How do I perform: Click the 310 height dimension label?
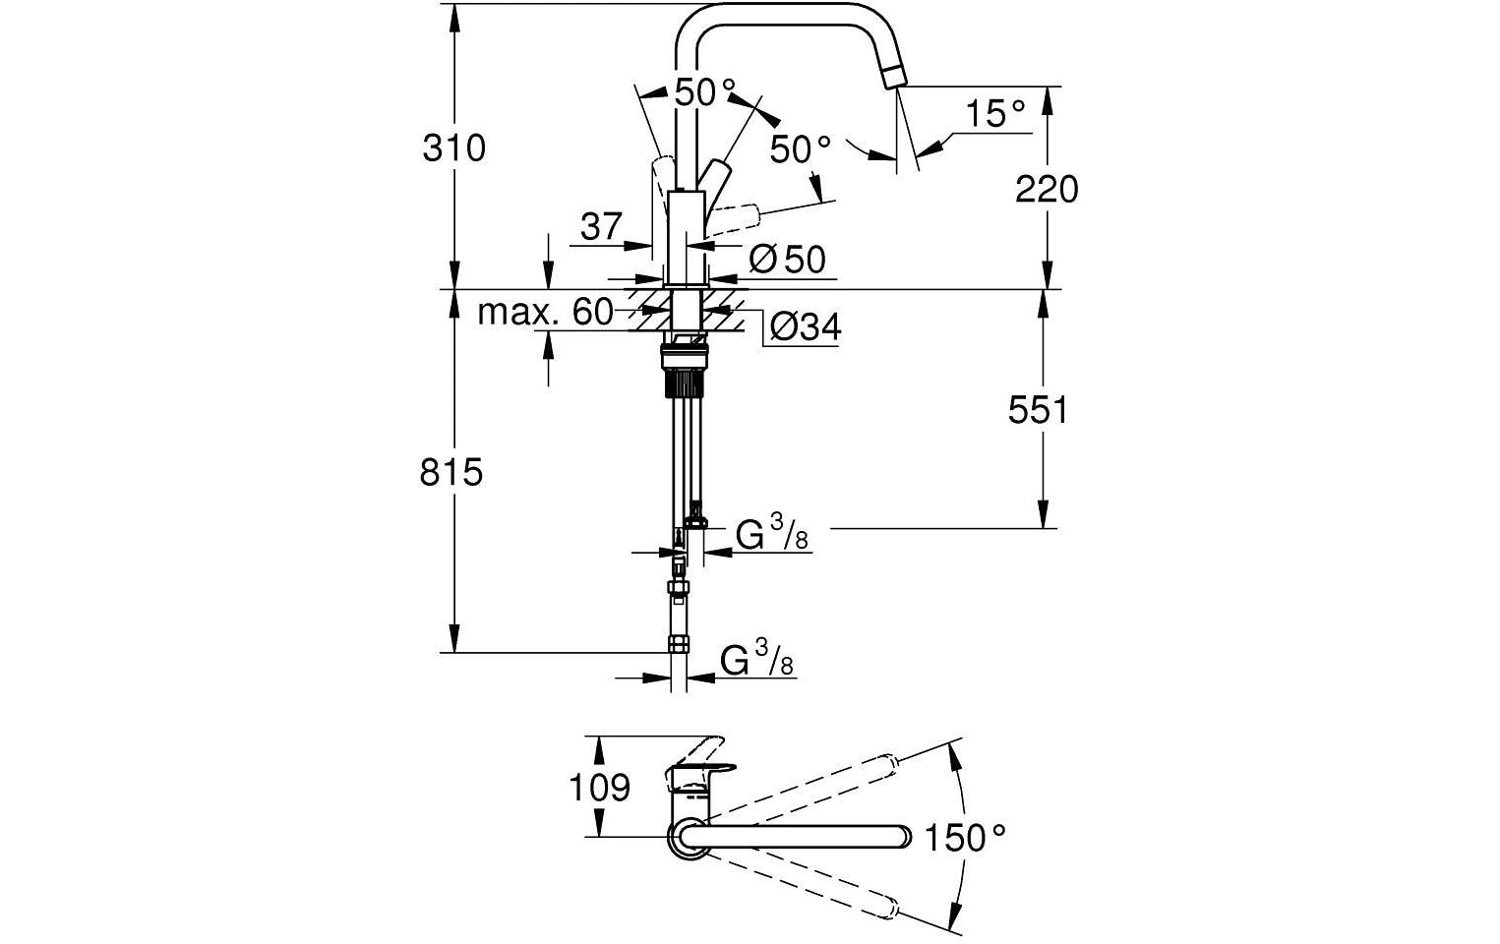(453, 148)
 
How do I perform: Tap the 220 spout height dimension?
(1047, 188)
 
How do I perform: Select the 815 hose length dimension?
(451, 473)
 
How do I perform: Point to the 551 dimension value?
(1038, 409)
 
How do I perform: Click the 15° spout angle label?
(994, 114)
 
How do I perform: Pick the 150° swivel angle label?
(967, 838)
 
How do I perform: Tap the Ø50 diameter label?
(787, 260)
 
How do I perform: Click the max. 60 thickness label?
(545, 313)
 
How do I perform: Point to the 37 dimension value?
(601, 227)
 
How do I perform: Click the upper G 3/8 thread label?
(772, 537)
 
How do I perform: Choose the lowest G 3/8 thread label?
(756, 660)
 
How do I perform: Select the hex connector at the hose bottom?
(679, 645)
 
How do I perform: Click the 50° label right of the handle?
(800, 149)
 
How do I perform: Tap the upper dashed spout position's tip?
(887, 762)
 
